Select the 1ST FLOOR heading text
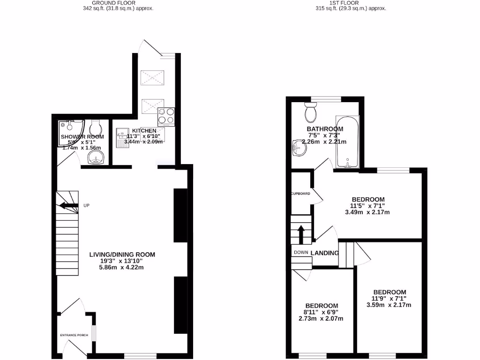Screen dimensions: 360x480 (x=344, y=3)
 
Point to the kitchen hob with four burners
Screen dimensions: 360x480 (x=166, y=117)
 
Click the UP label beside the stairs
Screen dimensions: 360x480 (x=86, y=205)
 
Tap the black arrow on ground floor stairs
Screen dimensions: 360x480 (x=68, y=205)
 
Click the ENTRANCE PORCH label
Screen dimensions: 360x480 (x=75, y=335)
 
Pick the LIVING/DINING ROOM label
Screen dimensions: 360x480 (x=122, y=255)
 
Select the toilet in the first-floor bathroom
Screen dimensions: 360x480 (x=310, y=112)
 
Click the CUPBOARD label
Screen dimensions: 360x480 (x=300, y=194)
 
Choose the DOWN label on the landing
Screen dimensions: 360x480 (x=300, y=252)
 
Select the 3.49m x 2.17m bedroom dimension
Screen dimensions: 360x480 (x=367, y=212)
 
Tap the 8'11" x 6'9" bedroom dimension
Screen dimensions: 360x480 (x=321, y=312)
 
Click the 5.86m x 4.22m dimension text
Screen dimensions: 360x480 (x=121, y=268)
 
